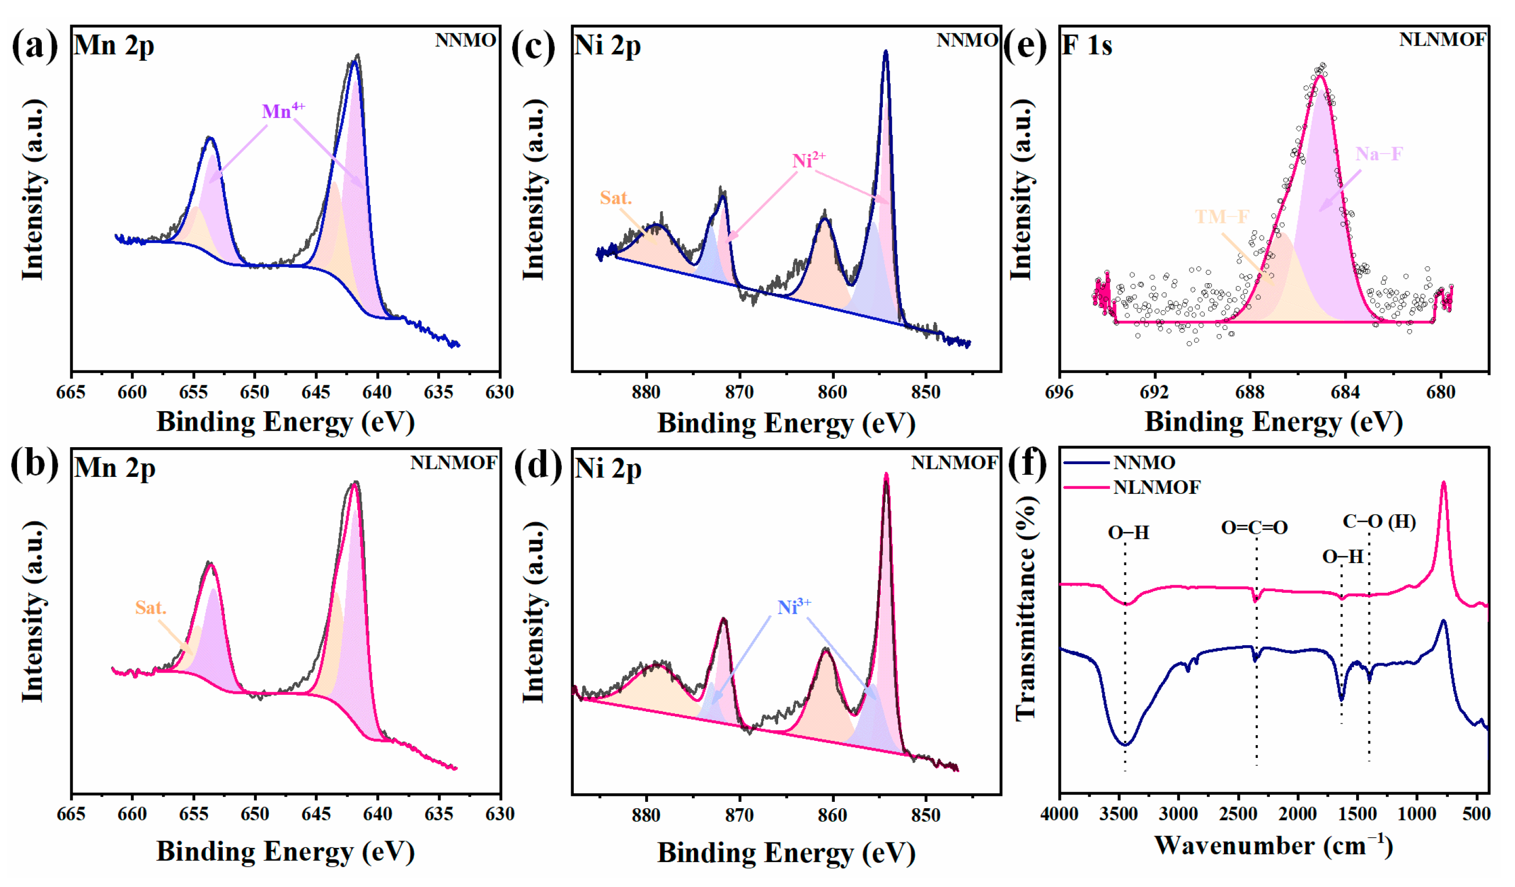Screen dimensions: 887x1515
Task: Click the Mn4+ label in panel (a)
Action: [x=283, y=111]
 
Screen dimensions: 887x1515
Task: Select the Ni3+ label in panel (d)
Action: [x=793, y=607]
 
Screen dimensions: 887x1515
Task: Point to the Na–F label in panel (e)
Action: [x=1378, y=155]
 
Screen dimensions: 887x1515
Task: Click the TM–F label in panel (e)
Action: [x=1222, y=216]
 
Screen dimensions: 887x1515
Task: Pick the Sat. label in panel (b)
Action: [x=150, y=608]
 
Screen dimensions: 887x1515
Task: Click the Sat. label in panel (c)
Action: [x=615, y=198]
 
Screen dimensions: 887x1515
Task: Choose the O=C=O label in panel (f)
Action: [x=1254, y=528]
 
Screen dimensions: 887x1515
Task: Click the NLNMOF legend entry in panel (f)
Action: [x=1156, y=487]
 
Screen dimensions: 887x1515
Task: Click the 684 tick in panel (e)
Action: [x=1345, y=392]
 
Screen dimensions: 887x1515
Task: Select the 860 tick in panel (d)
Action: [x=833, y=815]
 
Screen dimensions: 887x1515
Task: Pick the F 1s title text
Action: [x=1087, y=46]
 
